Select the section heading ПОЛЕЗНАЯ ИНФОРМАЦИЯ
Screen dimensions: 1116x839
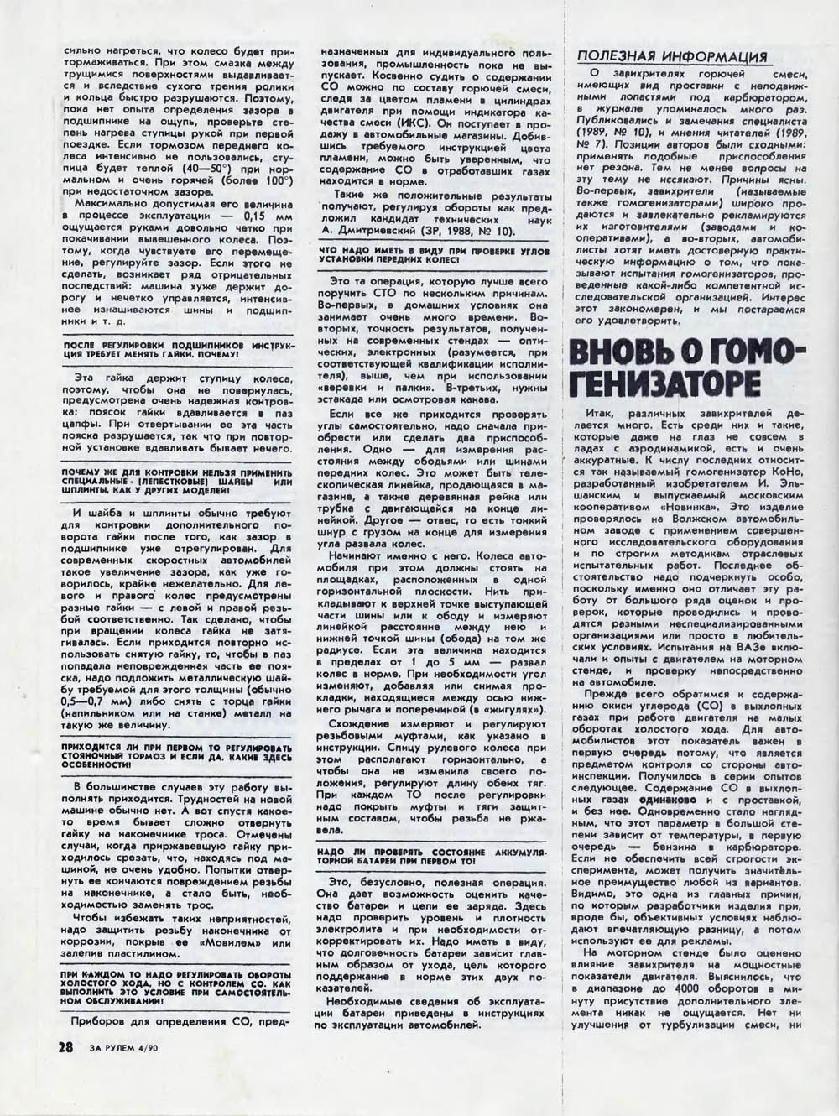pos(671,57)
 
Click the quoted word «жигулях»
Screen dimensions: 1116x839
pos(513,711)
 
